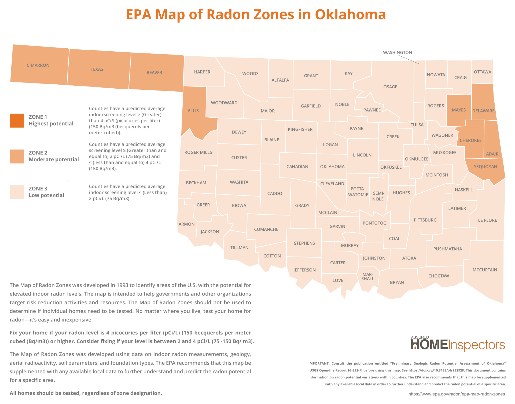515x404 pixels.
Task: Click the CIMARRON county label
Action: click(x=38, y=65)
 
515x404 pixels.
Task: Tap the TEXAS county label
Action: click(x=97, y=69)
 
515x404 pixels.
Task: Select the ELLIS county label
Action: click(x=193, y=111)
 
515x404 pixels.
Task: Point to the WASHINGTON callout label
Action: click(x=397, y=53)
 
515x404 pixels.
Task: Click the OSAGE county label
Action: click(x=390, y=87)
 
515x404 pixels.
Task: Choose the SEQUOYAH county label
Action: click(x=485, y=167)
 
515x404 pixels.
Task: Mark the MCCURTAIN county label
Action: click(x=485, y=270)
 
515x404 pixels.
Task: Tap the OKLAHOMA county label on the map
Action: click(x=332, y=167)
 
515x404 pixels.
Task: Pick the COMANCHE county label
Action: click(x=266, y=229)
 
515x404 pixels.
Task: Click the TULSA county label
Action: click(x=417, y=125)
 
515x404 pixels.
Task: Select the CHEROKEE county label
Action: click(x=470, y=140)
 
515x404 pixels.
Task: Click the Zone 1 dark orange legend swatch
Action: click(x=17, y=120)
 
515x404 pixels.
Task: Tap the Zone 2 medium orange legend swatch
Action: click(x=17, y=156)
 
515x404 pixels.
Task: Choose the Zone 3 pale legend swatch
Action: click(x=17, y=192)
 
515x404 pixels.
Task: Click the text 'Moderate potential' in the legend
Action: click(x=54, y=160)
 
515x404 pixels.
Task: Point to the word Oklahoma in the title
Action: click(x=350, y=15)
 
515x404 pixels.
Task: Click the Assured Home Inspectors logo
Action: click(x=458, y=344)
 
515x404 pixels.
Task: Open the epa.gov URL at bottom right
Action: click(x=457, y=394)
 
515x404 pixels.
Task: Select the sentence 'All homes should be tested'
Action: click(x=86, y=393)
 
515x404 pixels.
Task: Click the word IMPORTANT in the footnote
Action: click(x=319, y=363)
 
